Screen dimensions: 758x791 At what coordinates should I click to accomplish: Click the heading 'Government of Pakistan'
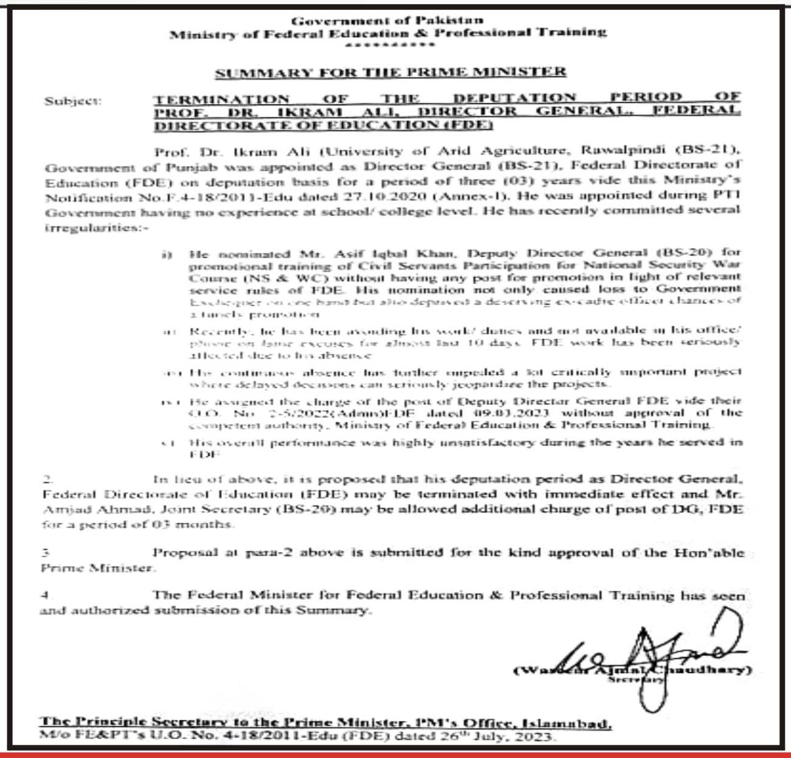388,21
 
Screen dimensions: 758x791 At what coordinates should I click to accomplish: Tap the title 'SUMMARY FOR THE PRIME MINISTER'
390,73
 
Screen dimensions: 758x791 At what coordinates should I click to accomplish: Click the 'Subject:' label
73,102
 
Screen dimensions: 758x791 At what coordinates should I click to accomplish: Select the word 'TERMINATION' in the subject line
221,99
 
